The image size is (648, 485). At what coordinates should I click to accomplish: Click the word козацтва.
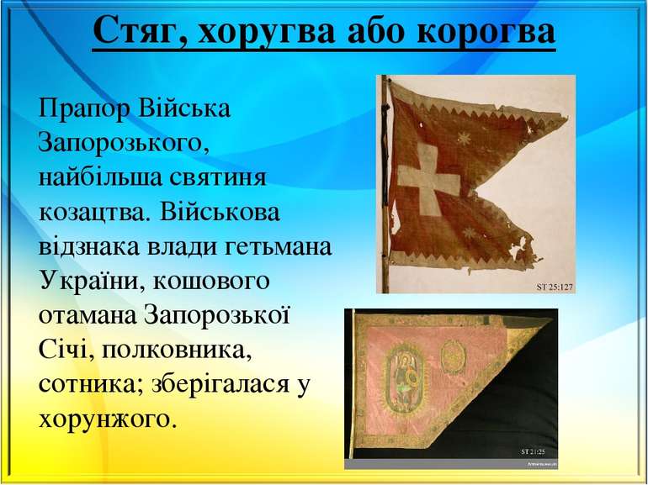click(x=93, y=211)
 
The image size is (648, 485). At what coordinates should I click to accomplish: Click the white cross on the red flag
click(x=428, y=178)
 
